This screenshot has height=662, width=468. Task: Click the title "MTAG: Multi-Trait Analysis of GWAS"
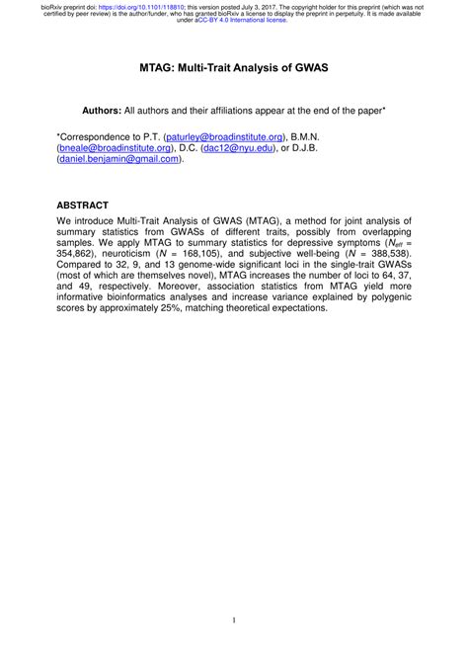coord(234,70)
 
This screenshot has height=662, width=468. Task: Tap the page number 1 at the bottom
coord(234,620)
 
